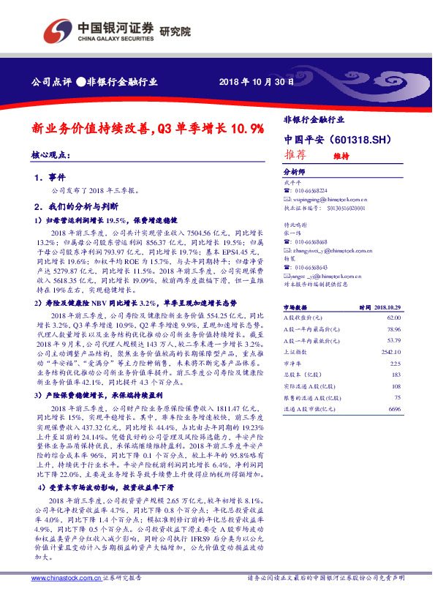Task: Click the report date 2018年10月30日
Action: pyautogui.click(x=256, y=82)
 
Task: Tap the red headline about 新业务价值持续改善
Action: pyautogui.click(x=147, y=129)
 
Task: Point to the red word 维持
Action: pyautogui.click(x=341, y=156)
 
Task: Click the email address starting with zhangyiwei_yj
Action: pyautogui.click(x=333, y=250)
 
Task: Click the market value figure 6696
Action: pyautogui.click(x=396, y=407)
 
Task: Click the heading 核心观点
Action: pyautogui.click(x=50, y=155)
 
